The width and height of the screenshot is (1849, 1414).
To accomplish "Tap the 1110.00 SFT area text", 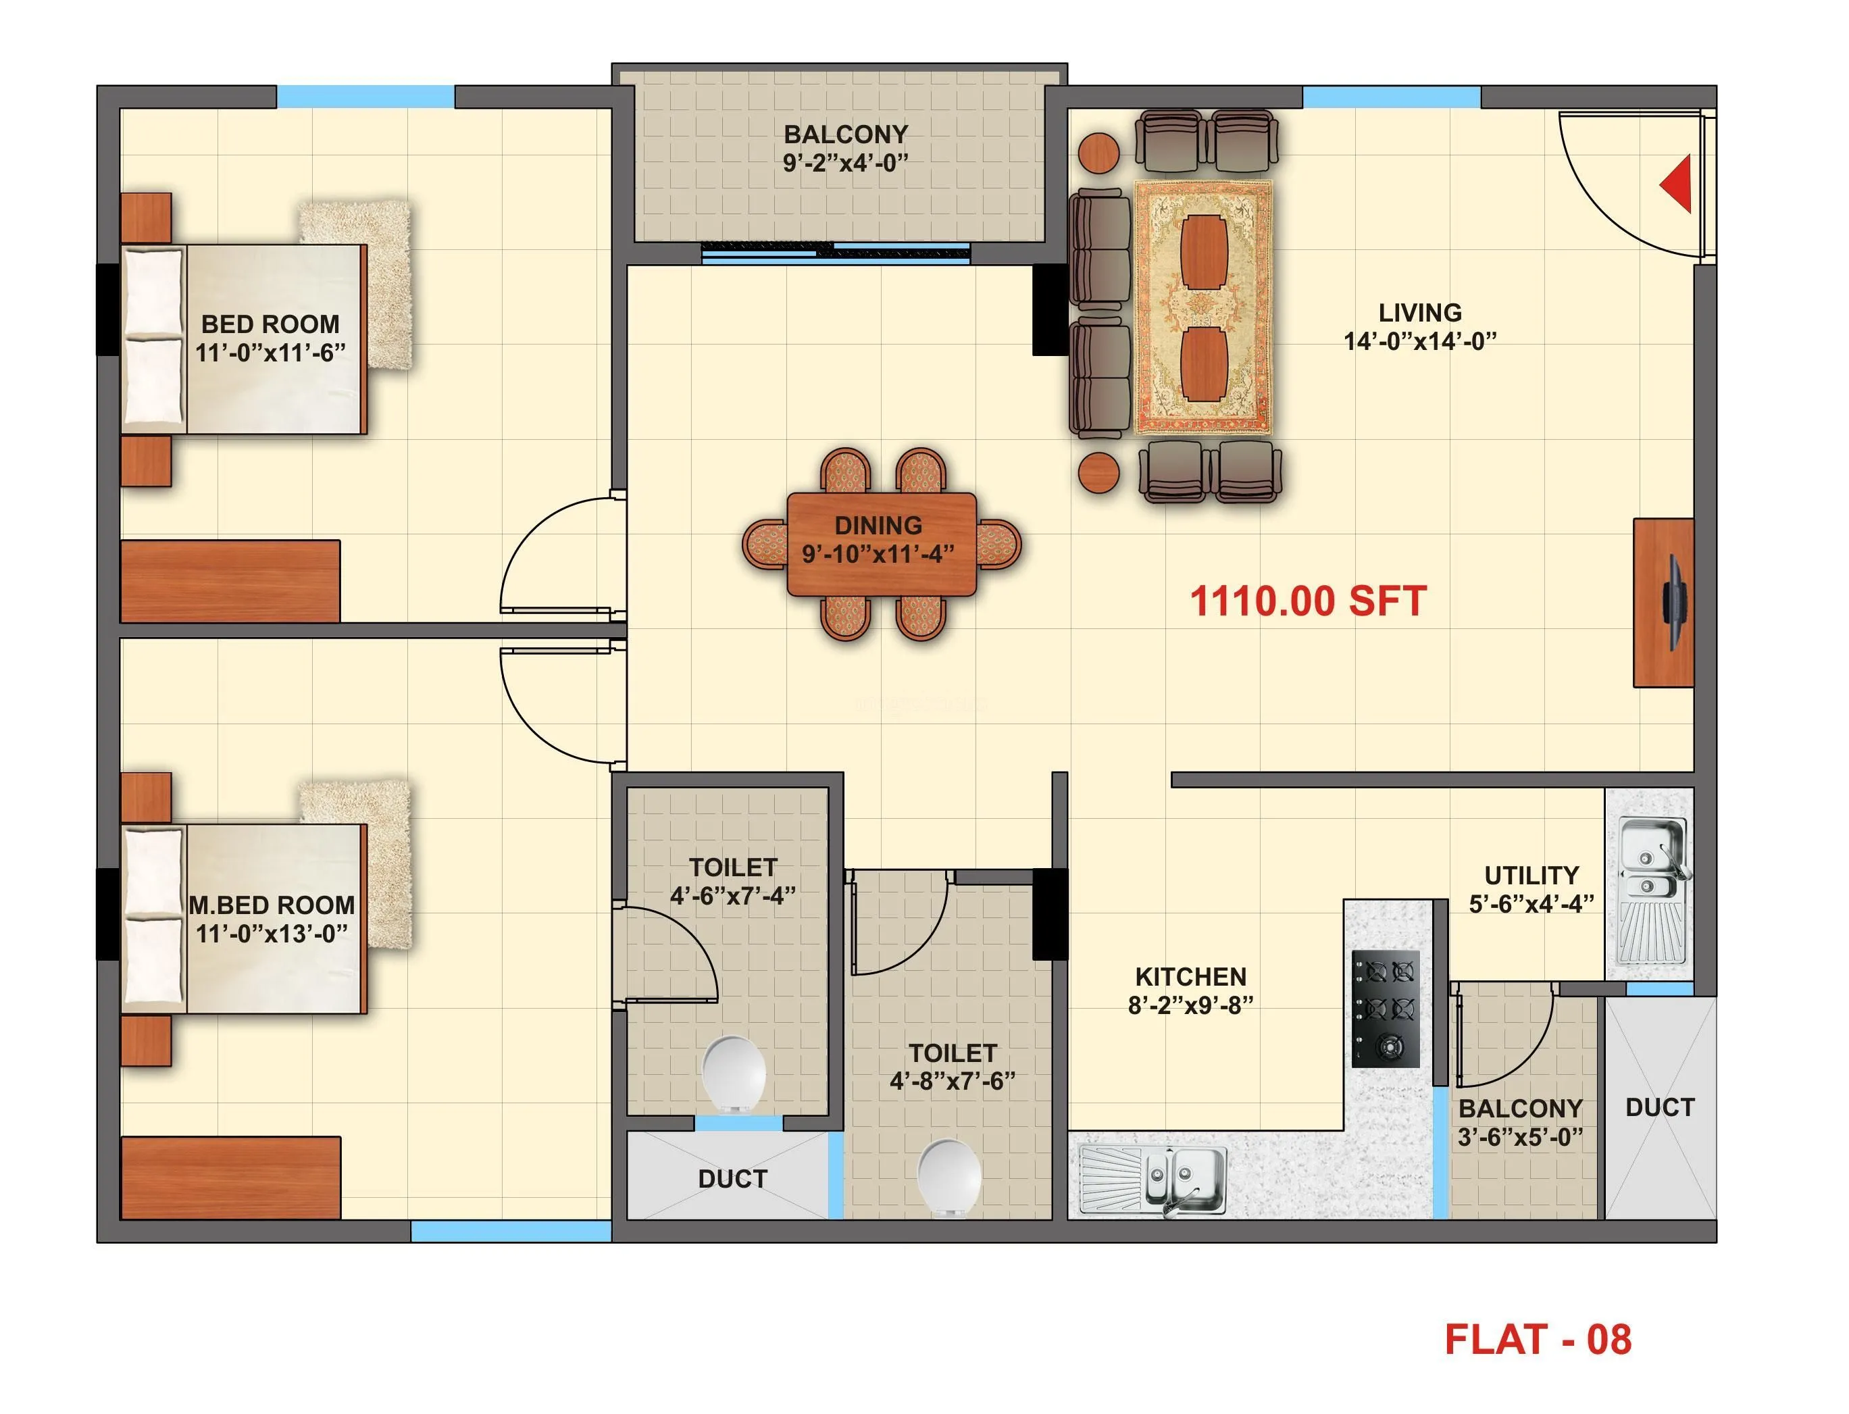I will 1307,602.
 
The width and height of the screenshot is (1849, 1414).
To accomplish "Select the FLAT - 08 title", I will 1537,1339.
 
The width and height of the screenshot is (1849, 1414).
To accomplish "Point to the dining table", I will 880,544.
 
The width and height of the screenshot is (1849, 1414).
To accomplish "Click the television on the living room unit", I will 1675,603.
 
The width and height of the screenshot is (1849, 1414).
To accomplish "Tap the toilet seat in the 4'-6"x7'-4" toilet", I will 733,1073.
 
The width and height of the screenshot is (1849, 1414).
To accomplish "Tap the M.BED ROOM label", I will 271,905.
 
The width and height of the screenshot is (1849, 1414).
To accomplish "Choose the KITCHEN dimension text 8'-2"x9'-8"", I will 1190,1005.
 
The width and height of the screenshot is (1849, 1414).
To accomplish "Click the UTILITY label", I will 1530,876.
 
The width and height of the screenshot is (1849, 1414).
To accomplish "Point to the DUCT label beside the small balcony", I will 1658,1107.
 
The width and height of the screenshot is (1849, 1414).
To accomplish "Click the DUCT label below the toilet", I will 732,1178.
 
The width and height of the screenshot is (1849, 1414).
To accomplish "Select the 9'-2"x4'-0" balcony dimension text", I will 845,162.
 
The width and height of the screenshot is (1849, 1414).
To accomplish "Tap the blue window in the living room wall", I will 1390,97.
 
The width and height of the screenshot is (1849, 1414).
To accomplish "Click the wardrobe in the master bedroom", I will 230,1177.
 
